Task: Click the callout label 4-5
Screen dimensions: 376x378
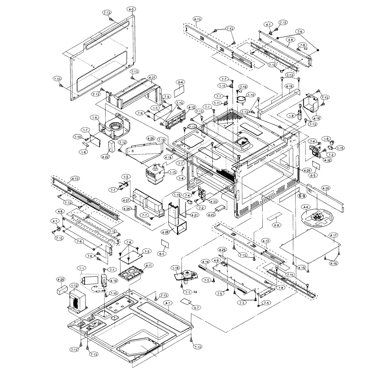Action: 131,9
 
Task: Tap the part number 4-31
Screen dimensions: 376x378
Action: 152,77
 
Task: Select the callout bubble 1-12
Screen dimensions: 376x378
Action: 74,286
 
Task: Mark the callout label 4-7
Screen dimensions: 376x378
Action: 168,303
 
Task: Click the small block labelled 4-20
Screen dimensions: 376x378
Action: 61,290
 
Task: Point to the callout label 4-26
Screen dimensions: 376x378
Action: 151,138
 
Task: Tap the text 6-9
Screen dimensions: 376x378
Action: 302,196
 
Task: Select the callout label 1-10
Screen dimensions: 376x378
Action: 251,94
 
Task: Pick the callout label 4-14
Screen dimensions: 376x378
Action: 205,262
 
